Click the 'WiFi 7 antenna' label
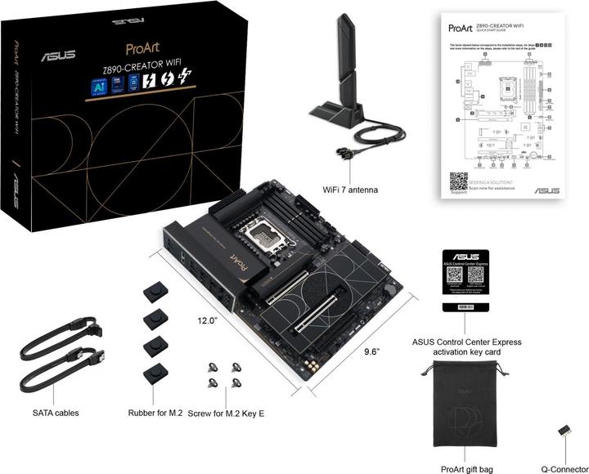pyautogui.click(x=349, y=190)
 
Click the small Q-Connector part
pyautogui.click(x=564, y=429)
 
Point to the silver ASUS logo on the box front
pyautogui.click(x=58, y=56)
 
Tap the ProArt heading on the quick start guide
pyautogui.click(x=459, y=27)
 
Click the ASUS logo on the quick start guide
pyautogui.click(x=546, y=190)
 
